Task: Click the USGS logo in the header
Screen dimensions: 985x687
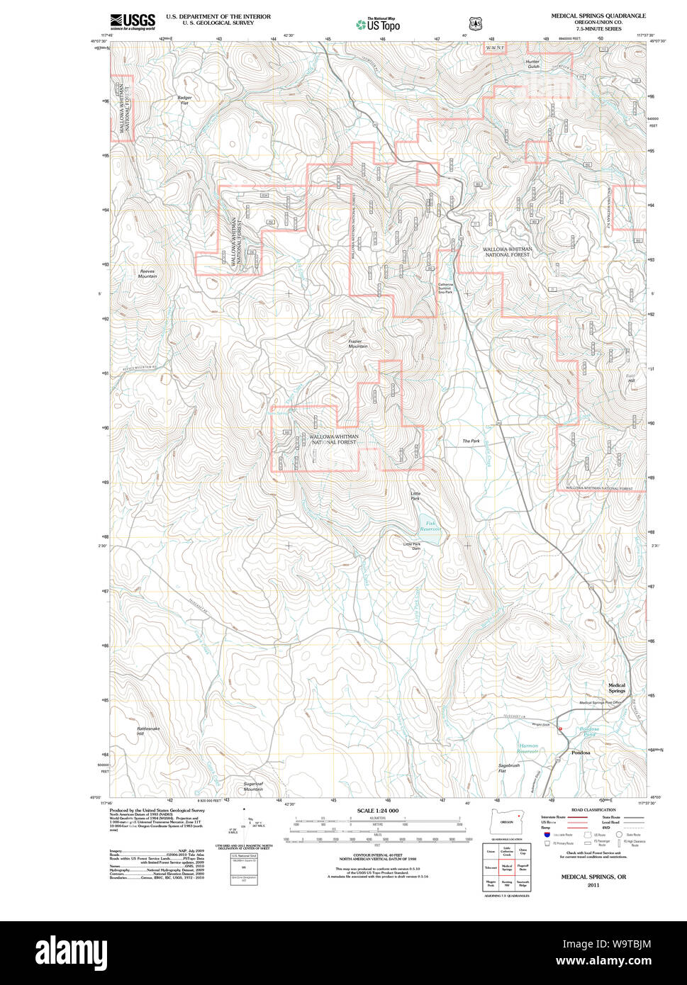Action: [x=133, y=22]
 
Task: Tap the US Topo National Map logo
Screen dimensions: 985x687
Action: [x=378, y=24]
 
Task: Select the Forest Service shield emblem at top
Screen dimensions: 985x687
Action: [x=475, y=24]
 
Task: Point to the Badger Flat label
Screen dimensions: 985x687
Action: [x=184, y=100]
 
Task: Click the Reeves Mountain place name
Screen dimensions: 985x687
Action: [x=147, y=274]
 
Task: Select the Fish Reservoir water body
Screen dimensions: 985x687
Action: [x=430, y=529]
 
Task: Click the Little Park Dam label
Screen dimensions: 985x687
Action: [x=412, y=546]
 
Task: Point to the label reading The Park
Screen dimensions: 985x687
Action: [x=471, y=441]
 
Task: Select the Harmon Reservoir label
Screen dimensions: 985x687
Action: [x=529, y=748]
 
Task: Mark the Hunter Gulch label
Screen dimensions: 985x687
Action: [x=532, y=64]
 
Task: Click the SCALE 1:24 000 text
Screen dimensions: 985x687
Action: [x=377, y=811]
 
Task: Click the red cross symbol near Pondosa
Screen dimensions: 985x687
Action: [x=559, y=728]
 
